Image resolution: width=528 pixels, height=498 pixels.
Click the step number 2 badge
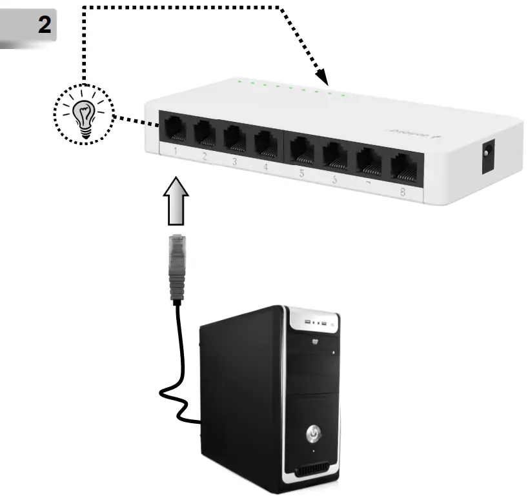(x=44, y=26)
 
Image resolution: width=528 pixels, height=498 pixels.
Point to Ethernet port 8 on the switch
(x=403, y=166)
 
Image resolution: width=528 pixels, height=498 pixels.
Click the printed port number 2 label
(x=204, y=156)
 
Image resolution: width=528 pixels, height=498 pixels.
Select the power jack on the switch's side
(x=489, y=158)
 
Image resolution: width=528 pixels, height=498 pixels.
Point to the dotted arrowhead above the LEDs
(x=325, y=79)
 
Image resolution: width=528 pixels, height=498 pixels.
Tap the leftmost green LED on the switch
(x=239, y=82)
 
